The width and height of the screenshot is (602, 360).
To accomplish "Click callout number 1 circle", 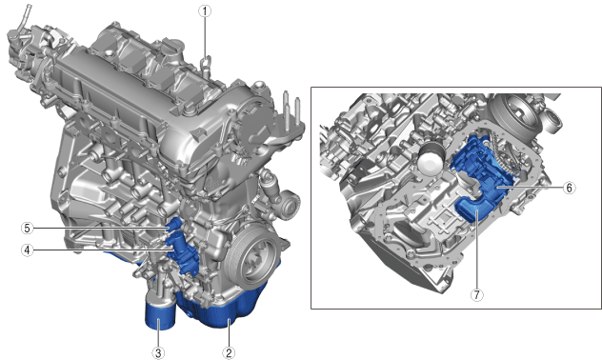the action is click(x=205, y=11).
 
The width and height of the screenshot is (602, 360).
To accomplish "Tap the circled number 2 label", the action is click(x=229, y=352).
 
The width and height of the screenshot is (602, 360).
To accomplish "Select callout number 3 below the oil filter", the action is click(x=158, y=352).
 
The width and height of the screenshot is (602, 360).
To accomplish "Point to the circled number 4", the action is click(x=28, y=250).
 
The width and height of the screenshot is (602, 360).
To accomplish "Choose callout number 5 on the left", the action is click(x=28, y=229).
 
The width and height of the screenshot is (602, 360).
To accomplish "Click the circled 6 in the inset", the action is click(x=569, y=188).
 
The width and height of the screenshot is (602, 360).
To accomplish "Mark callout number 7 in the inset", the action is click(x=477, y=294).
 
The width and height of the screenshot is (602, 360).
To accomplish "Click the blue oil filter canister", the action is click(x=160, y=313).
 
